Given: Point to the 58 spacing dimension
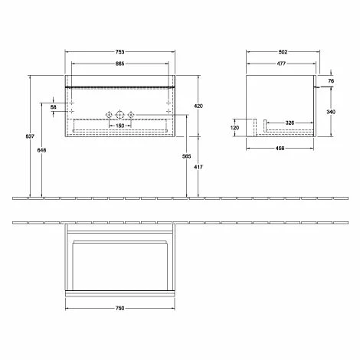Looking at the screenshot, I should coord(53,108).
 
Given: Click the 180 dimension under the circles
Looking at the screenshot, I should coord(120,125).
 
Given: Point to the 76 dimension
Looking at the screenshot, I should coord(332,80).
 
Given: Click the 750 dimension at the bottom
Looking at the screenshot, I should coord(121,308).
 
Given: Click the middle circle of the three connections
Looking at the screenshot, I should coord(120,115).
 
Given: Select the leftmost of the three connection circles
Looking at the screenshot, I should coord(110,115).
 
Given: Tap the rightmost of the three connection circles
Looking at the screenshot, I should coord(131,115).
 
